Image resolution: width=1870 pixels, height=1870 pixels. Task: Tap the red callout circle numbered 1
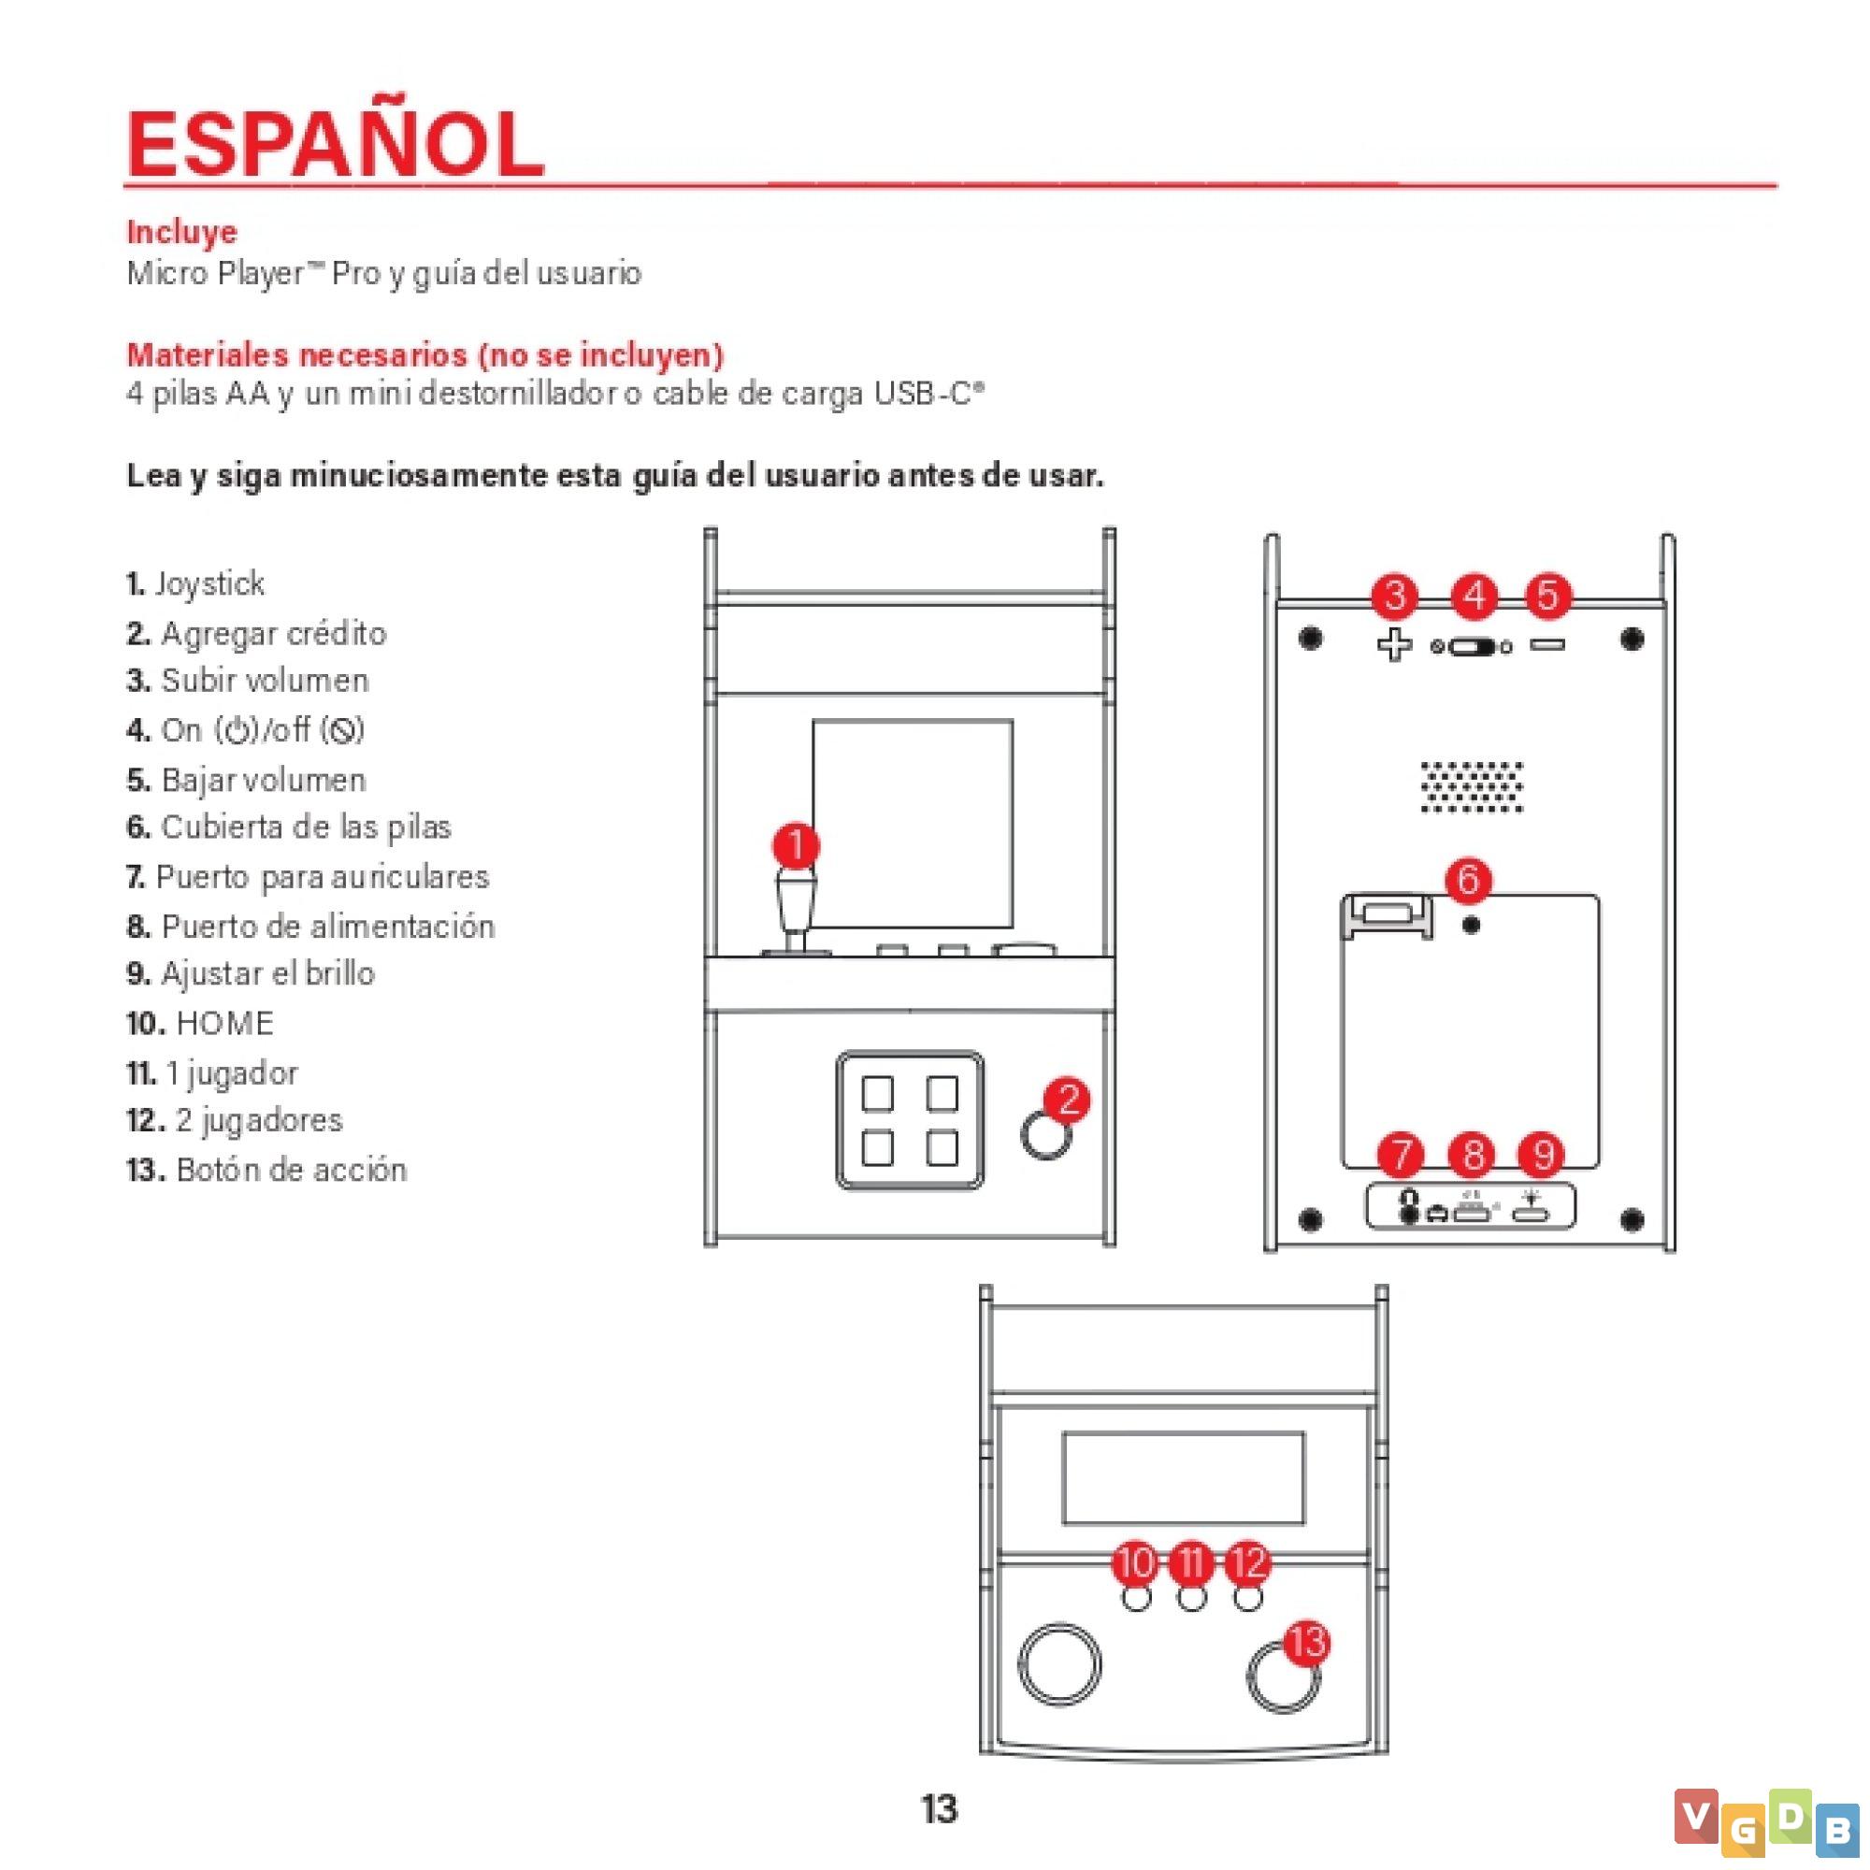point(796,845)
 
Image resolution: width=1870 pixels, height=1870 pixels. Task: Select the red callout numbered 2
point(1067,1100)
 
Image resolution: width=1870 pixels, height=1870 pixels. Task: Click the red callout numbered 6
point(1467,879)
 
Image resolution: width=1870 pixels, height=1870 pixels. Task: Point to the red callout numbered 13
point(1307,1643)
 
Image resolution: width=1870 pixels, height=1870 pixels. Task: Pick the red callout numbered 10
point(1135,1562)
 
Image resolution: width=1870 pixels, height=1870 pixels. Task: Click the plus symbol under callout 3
point(1394,644)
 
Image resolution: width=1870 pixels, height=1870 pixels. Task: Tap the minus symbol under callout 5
point(1546,644)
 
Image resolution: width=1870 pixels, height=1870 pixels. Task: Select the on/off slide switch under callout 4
point(1471,647)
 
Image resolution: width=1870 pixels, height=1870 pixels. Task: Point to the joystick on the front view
point(796,910)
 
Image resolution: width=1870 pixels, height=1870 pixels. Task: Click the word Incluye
point(182,232)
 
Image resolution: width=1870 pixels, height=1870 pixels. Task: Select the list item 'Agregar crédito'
point(256,634)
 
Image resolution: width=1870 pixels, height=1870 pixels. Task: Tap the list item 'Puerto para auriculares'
point(308,877)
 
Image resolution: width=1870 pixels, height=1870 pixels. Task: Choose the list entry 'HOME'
point(200,1023)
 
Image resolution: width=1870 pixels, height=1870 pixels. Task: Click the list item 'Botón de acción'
point(266,1170)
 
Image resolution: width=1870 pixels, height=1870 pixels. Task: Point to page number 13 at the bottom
point(939,1808)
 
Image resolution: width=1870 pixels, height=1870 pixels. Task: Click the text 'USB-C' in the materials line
point(929,394)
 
